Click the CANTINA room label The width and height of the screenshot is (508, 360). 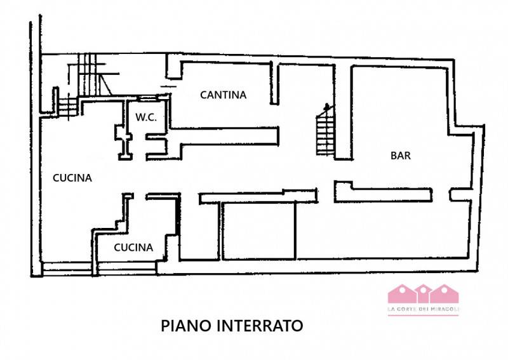[x=224, y=95]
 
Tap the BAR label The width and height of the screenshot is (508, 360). [x=401, y=156]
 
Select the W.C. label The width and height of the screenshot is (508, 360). [x=146, y=117]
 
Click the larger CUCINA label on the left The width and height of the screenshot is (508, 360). [x=72, y=178]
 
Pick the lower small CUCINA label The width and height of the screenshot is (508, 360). [x=133, y=248]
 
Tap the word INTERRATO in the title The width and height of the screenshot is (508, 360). [x=260, y=325]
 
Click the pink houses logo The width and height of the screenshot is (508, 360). [x=423, y=293]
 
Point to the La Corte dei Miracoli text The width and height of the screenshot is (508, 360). [x=423, y=310]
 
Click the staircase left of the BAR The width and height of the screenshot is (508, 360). [x=325, y=130]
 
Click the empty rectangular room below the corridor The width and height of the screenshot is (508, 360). [x=259, y=230]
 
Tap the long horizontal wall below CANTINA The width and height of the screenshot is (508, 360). [x=224, y=135]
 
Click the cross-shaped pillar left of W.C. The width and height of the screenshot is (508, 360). [x=123, y=142]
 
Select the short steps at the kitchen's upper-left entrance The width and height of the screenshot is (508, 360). [x=68, y=106]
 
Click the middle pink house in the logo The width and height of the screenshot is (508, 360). [x=423, y=293]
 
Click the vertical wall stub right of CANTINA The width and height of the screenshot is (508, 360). [x=274, y=84]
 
